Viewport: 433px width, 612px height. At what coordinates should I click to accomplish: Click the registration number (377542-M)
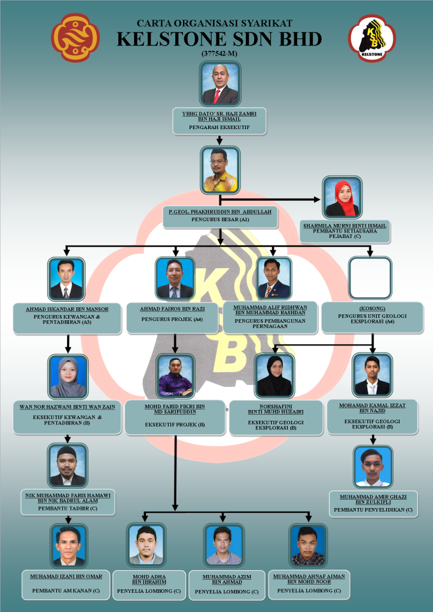pos(219,54)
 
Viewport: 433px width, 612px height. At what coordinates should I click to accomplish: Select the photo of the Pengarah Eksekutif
pos(220,84)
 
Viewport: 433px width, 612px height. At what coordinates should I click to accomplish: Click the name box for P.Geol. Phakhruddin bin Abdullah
pos(220,216)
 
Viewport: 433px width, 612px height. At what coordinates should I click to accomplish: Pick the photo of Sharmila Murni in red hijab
pos(342,197)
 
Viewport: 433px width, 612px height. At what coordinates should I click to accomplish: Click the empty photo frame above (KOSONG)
pos(370,278)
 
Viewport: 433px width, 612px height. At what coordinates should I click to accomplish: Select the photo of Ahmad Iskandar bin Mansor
pos(66,279)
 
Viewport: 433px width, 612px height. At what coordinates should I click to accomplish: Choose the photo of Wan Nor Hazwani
pos(68,376)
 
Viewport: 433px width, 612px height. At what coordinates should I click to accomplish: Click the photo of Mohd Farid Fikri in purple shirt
pos(175,376)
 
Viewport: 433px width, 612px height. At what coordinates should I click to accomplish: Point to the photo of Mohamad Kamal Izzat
pos(372,375)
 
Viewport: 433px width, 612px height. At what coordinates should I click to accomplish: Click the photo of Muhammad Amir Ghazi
pos(371,466)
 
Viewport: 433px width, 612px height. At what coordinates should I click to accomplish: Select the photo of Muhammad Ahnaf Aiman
pos(309,545)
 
